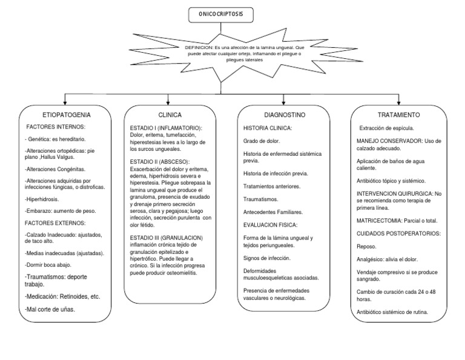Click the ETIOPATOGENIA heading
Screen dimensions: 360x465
tap(67, 114)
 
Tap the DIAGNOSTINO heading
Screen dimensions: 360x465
tap(283, 114)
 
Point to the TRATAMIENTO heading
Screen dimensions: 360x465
tap(398, 114)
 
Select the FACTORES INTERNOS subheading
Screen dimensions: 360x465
tap(56, 127)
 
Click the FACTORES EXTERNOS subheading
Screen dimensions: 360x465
tap(54, 222)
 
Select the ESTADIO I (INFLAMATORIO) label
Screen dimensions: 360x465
tap(167, 128)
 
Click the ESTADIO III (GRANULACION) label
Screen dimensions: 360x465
tap(167, 237)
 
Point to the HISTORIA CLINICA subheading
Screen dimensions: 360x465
tap(268, 128)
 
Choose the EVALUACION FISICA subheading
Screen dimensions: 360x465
tap(269, 225)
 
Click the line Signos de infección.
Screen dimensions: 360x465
tap(267, 258)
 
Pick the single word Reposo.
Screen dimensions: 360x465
tap(366, 246)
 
